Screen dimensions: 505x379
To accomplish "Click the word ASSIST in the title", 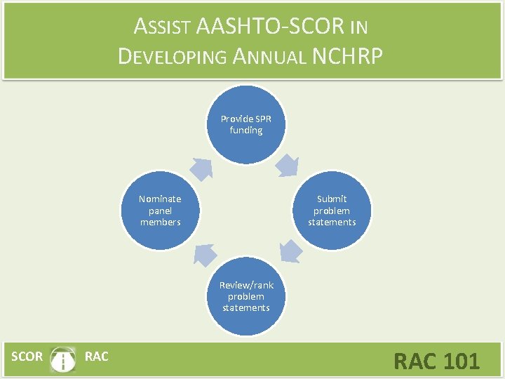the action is click(163, 27).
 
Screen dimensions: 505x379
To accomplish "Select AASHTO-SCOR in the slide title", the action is click(271, 27).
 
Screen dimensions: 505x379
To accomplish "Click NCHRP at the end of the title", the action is click(348, 56).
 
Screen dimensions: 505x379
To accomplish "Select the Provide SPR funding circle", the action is click(245, 124).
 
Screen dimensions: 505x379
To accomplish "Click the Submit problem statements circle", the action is click(331, 211).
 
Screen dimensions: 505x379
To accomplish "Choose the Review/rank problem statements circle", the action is click(245, 295).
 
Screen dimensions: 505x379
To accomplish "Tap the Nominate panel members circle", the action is click(160, 211).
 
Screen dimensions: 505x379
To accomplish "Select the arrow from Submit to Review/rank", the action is click(288, 251).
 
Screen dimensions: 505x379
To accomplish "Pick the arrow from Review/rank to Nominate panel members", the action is click(203, 253).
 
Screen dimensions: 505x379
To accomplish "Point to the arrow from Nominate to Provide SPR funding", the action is click(202, 168).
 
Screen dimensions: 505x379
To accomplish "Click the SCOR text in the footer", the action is click(27, 357).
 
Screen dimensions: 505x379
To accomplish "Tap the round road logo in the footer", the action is click(64, 359).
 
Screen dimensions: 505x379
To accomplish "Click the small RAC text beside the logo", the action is click(96, 357).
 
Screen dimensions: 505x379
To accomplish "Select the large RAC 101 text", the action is click(436, 361).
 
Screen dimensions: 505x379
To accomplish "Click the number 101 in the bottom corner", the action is click(461, 361).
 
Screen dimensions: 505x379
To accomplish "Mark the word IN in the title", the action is click(358, 29).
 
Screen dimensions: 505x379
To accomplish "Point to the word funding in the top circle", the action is click(245, 131).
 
